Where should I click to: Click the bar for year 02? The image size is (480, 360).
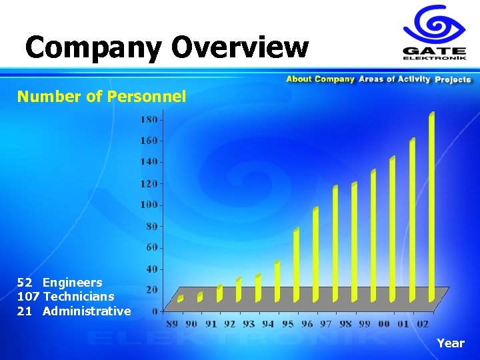point(431,207)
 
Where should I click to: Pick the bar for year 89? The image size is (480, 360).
point(180,299)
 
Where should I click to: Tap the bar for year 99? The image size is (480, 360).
point(373,235)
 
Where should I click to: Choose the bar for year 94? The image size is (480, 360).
point(277,281)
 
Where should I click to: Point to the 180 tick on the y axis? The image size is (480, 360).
point(149,119)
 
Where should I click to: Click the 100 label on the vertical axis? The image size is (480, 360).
point(149,205)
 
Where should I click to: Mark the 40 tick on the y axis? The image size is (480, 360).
point(151,269)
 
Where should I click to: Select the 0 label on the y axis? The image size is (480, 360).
point(155,311)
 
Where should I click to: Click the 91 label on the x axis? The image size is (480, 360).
point(211,324)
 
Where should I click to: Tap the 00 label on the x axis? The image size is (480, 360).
point(384,324)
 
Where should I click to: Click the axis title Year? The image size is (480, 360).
point(450,343)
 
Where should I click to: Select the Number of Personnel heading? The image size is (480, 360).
point(101,97)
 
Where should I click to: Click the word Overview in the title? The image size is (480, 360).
point(240,47)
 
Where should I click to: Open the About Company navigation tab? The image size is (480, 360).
point(320,79)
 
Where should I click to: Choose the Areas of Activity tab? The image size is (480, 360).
point(394,79)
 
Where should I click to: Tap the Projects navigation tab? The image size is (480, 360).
point(453,79)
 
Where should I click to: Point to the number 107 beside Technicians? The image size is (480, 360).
point(29,297)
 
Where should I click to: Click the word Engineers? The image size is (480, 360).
point(73,283)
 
